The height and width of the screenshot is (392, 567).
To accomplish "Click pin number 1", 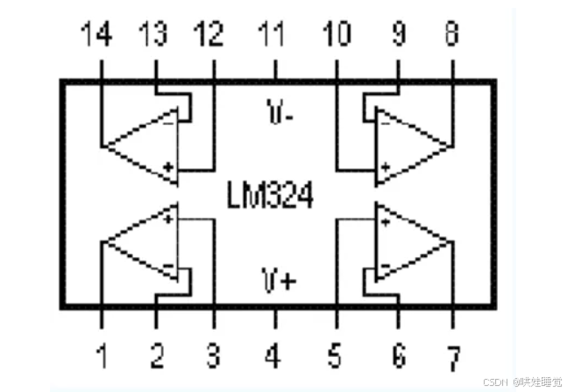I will point(102,356).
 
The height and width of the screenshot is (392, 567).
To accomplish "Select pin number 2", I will point(157,356).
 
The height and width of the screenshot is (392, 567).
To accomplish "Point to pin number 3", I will point(212,356).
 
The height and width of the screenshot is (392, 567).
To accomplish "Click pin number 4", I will point(273,356).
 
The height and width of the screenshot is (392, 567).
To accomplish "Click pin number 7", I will point(452,358).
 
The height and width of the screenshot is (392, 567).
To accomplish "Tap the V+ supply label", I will point(278,280).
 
